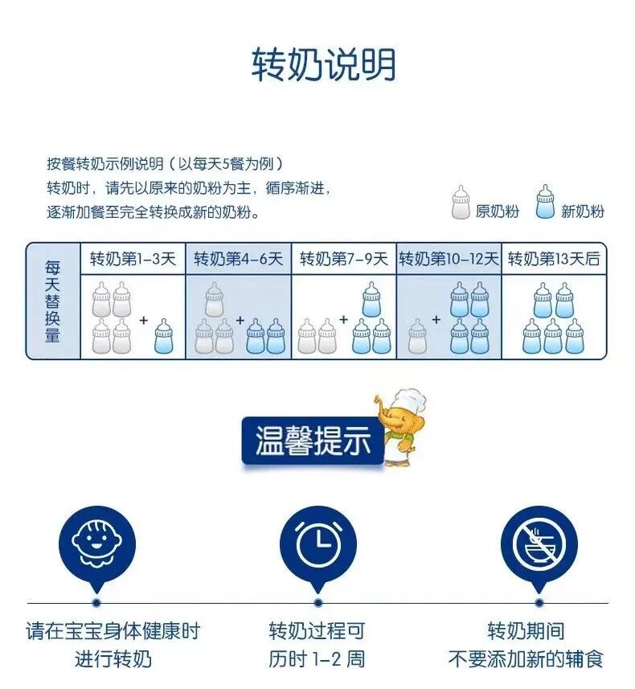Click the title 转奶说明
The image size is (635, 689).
[324, 65]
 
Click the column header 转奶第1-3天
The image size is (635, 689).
[133, 259]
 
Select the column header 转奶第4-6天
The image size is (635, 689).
[239, 259]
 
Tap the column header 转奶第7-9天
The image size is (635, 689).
[344, 259]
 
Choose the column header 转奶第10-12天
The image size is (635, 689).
[449, 259]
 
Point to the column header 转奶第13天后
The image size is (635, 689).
[555, 259]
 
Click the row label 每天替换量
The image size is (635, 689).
[53, 301]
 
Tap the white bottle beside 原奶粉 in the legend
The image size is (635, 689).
[461, 203]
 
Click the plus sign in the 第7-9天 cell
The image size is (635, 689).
[343, 319]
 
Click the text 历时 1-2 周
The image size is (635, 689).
[317, 660]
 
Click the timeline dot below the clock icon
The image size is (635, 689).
[318, 602]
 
